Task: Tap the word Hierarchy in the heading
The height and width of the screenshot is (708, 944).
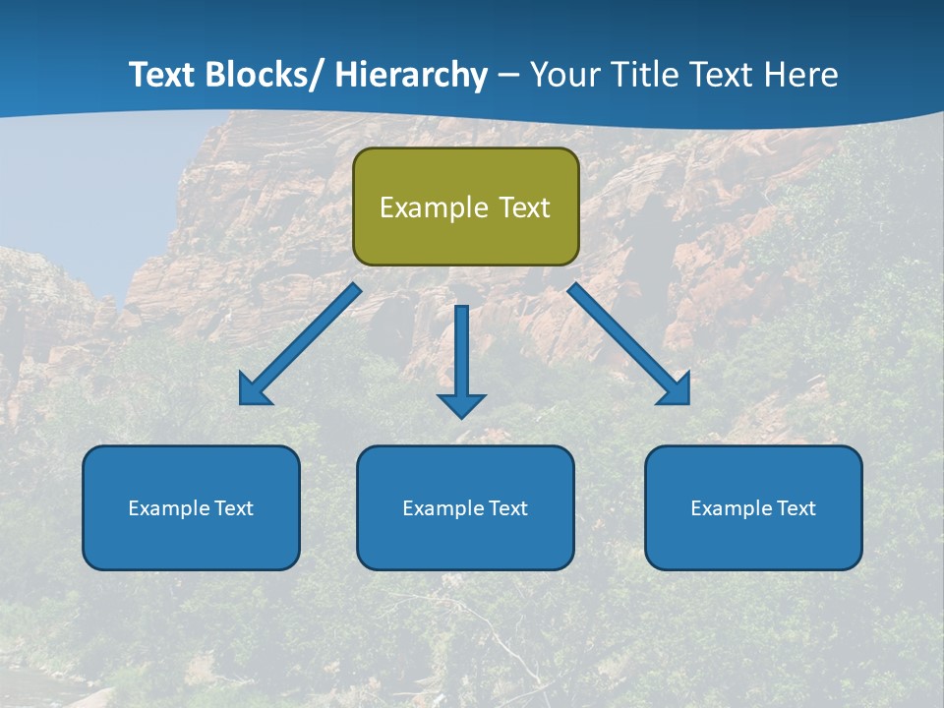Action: tap(411, 75)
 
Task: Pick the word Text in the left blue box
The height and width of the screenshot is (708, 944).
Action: tap(234, 508)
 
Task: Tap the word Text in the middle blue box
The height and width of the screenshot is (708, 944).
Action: tap(508, 508)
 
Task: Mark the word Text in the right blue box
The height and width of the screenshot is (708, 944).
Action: tap(796, 508)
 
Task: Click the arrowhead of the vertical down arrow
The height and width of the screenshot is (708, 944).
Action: tap(461, 405)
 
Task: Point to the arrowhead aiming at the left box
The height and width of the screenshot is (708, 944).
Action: tap(253, 392)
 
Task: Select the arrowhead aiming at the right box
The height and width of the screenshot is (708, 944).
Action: tap(676, 392)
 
